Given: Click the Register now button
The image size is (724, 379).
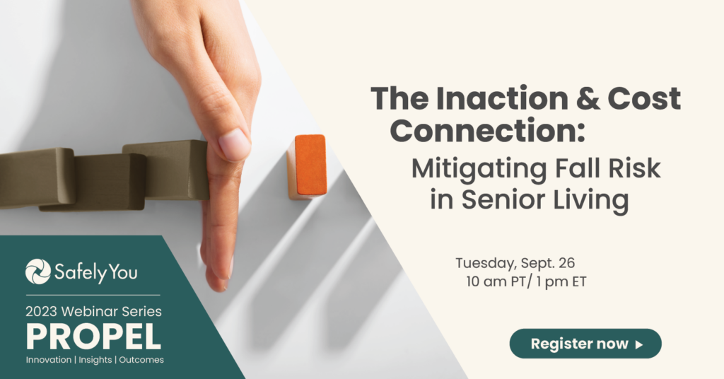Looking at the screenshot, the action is pyautogui.click(x=585, y=344).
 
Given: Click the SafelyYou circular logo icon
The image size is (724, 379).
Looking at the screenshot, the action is pyautogui.click(x=38, y=272).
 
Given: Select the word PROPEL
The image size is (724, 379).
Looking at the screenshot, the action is pyautogui.click(x=94, y=337).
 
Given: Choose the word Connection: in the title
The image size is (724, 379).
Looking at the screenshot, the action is pyautogui.click(x=488, y=131).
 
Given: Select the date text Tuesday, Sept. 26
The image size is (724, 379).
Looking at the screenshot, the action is pyautogui.click(x=515, y=262).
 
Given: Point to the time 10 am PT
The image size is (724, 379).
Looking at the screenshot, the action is pyautogui.click(x=495, y=281).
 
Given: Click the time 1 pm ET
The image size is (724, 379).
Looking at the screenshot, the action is pyautogui.click(x=561, y=281).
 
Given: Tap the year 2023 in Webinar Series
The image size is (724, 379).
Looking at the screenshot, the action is pyautogui.click(x=42, y=312).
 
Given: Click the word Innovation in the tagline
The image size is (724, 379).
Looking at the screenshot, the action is pyautogui.click(x=49, y=360).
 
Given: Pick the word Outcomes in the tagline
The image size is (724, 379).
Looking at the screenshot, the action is pyautogui.click(x=141, y=360).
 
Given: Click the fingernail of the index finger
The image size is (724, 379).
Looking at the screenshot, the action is pyautogui.click(x=235, y=144).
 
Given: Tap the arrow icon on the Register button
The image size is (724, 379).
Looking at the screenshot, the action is pyautogui.click(x=639, y=344).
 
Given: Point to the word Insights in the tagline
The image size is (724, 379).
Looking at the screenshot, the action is pyautogui.click(x=95, y=360).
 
